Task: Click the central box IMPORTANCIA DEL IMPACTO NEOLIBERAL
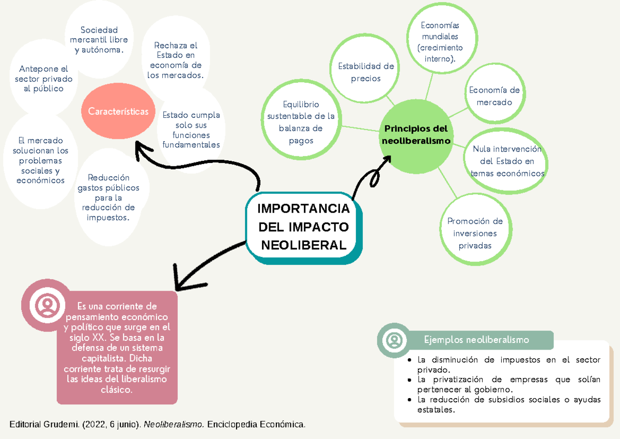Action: (303, 227)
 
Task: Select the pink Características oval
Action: (118, 111)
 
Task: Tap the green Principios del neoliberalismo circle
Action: (416, 134)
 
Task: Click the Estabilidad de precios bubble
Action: (366, 72)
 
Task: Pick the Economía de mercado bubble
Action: (494, 96)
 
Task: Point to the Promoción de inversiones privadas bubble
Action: (475, 233)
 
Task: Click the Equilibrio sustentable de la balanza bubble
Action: (301, 122)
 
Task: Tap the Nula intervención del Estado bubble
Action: (507, 161)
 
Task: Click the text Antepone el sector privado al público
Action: (44, 79)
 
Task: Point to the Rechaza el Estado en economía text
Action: (176, 60)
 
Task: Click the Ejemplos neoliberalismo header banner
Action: (476, 340)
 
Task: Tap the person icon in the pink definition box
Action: (48, 306)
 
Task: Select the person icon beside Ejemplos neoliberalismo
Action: (394, 340)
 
